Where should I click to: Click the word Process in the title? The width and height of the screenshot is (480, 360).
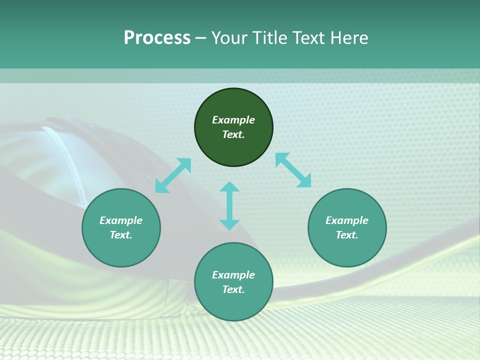[157, 38]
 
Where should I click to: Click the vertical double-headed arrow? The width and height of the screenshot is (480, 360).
[229, 205]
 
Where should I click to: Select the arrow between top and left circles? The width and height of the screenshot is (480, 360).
[173, 175]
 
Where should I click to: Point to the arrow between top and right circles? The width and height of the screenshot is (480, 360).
[293, 170]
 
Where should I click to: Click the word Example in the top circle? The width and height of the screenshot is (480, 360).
[233, 120]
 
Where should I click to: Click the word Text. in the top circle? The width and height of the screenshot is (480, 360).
[233, 134]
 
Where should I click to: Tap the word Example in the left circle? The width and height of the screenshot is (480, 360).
[121, 220]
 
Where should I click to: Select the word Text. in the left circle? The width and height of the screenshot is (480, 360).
[121, 235]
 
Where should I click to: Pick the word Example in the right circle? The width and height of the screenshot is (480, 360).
[347, 220]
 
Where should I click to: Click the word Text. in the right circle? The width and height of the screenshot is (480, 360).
[347, 235]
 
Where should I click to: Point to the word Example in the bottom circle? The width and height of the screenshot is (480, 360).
[233, 275]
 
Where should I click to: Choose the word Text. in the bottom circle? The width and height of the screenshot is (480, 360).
[233, 289]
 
